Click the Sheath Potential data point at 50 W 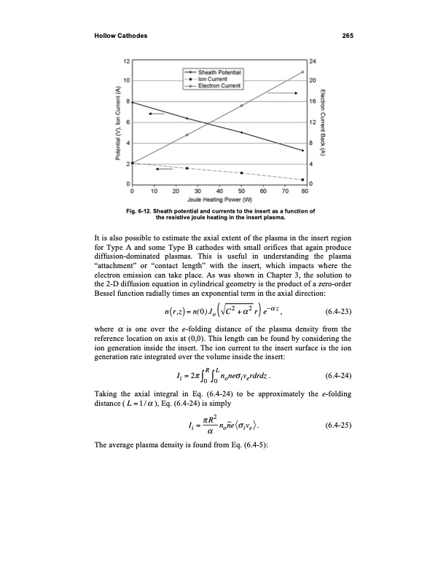click(241, 132)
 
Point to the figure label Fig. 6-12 click(141, 211)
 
